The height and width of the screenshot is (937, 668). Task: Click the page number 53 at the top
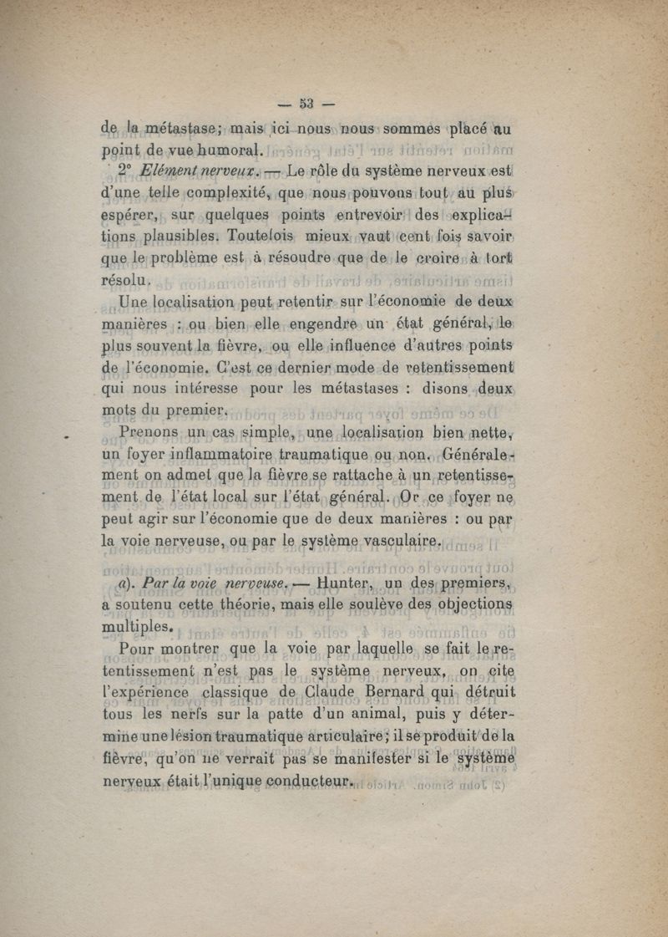[x=306, y=104]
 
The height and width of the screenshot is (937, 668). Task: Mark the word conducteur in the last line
[x=306, y=781]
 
